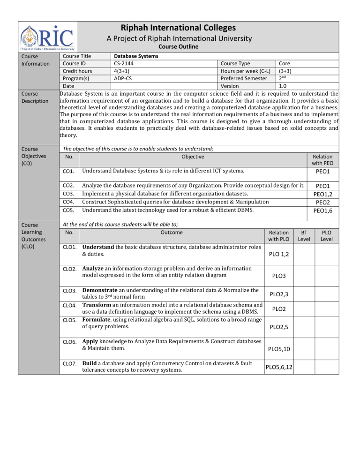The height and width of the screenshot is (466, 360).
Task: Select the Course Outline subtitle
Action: (x=178, y=47)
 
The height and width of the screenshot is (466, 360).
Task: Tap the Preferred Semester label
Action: (x=246, y=79)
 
